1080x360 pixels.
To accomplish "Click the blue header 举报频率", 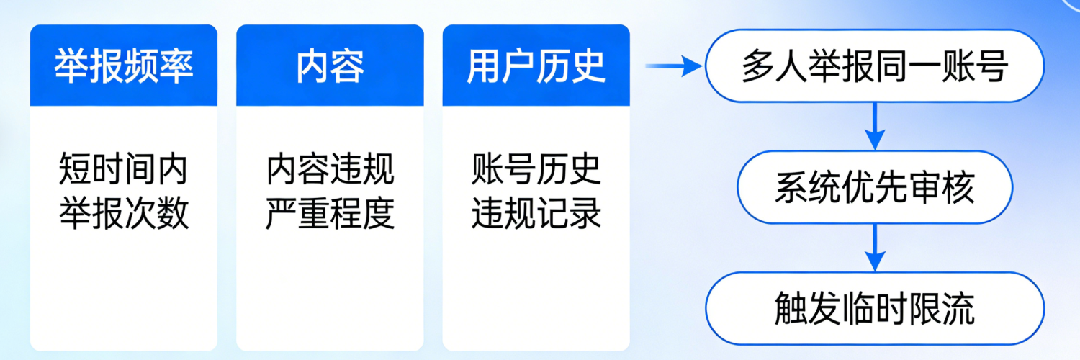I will tap(124, 66).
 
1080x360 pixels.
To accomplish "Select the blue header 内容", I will tap(330, 66).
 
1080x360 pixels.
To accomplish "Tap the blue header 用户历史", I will tap(536, 66).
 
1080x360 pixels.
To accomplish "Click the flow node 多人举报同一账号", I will tap(874, 66).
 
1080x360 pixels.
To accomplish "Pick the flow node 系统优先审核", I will tap(874, 187).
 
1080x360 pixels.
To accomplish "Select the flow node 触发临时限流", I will tap(874, 308).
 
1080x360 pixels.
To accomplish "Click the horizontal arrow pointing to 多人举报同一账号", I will tap(673, 67).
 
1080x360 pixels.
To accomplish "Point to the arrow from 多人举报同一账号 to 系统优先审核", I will tap(874, 125).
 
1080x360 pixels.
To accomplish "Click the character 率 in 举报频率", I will tap(176, 66).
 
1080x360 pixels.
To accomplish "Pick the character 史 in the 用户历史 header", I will tap(588, 66).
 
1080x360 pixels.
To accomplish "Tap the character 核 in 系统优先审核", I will tap(959, 187).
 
